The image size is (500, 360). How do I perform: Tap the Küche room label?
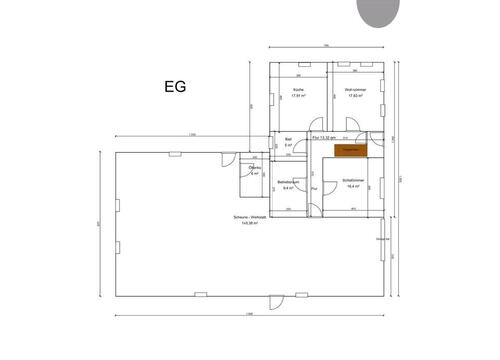(x=297, y=91)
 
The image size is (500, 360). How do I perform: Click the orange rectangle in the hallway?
(x=351, y=150)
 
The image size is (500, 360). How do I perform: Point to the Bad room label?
(x=288, y=140)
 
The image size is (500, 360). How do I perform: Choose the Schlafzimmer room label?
(x=351, y=181)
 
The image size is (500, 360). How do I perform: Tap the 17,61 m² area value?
(x=297, y=97)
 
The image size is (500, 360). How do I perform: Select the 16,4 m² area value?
(x=351, y=187)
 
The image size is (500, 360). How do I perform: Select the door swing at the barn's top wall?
(x=228, y=159)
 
